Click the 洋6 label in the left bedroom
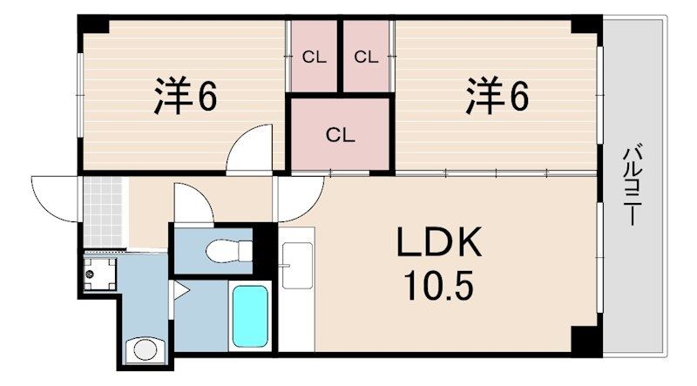[x=186, y=98]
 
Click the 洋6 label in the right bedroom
[x=497, y=98]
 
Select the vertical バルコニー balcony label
[x=630, y=187]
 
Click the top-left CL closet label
[x=315, y=58]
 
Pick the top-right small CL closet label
[x=366, y=58]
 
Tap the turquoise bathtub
[x=251, y=316]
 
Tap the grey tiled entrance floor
[x=105, y=209]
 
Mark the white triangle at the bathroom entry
[x=179, y=286]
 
